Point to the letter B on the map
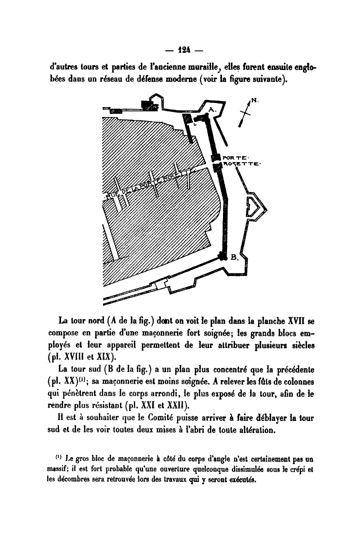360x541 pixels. pos(233,258)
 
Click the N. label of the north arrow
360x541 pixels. pos(254,100)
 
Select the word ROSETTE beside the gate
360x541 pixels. pos(239,163)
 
